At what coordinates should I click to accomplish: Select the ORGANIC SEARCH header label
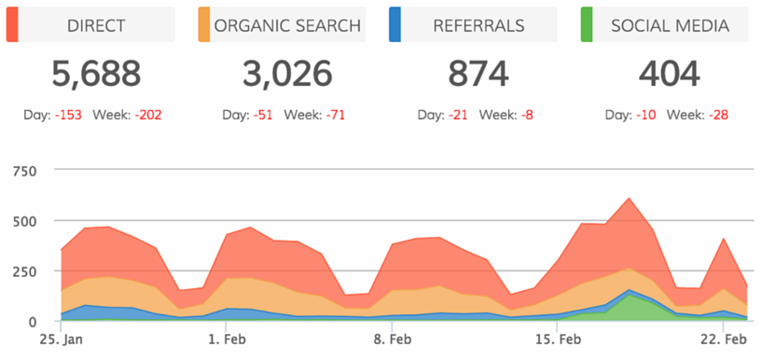[287, 25]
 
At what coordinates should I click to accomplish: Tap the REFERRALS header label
[478, 25]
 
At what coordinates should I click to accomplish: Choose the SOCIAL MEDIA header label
[669, 25]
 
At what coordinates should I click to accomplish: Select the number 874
[478, 74]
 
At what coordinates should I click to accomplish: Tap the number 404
[669, 74]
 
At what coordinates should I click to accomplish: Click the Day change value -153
[70, 116]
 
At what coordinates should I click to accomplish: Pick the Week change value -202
[150, 116]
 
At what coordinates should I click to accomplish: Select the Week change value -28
[718, 116]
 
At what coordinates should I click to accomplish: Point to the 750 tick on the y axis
[24, 171]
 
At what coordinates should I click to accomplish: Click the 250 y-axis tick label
[24, 271]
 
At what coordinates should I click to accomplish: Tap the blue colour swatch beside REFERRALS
[395, 25]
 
